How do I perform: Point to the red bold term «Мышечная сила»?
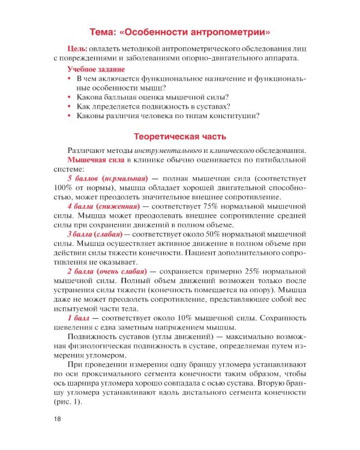[x=95, y=160]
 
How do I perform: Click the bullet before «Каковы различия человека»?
[x=70, y=116]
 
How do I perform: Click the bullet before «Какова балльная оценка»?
[x=70, y=98]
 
